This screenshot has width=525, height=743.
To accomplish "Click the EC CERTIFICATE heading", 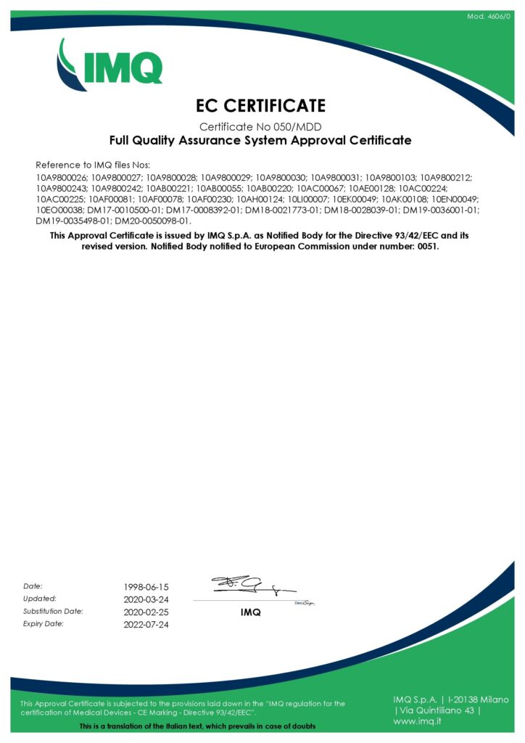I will click(261, 106).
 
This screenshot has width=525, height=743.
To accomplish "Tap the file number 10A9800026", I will click(61, 177).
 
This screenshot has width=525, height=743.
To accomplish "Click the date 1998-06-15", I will click(146, 586).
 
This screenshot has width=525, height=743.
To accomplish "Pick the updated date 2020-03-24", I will click(146, 599).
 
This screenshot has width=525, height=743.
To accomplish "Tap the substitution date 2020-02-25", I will click(146, 612).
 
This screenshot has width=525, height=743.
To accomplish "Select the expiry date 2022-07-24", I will click(146, 625).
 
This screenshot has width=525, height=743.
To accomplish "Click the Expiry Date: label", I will click(44, 624).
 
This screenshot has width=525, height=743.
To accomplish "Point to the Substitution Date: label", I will click(53, 611).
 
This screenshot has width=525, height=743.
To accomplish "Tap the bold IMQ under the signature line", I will click(250, 612).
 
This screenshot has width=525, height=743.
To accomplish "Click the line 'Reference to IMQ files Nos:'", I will click(93, 165).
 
